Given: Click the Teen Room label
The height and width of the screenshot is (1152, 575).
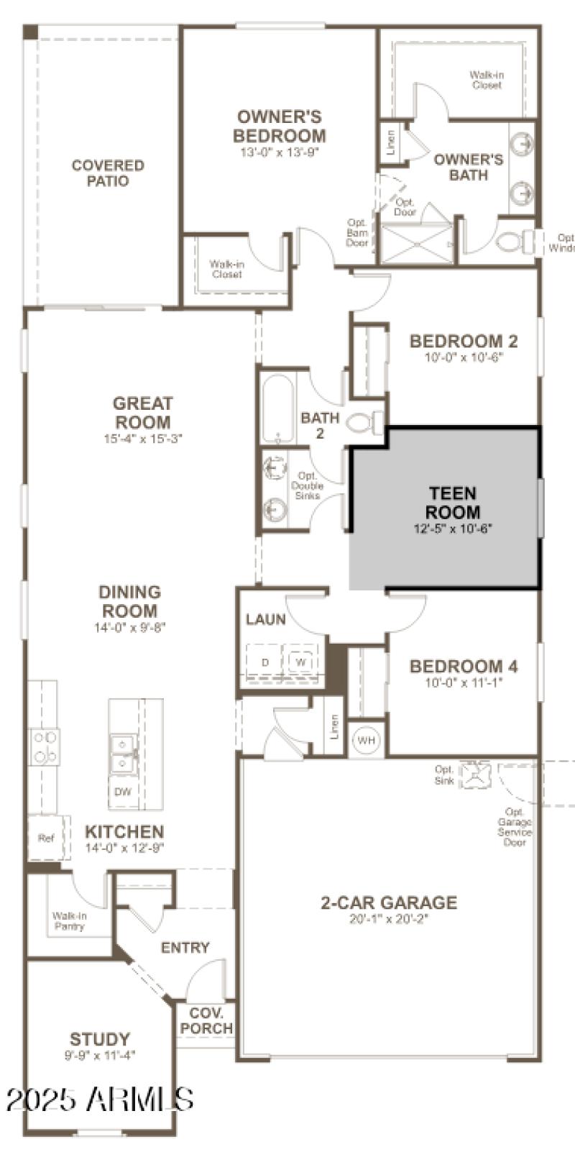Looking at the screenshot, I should [x=452, y=503].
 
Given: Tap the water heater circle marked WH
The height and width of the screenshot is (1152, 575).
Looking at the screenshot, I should [x=367, y=740].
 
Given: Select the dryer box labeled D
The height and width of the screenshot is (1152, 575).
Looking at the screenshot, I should [x=264, y=662].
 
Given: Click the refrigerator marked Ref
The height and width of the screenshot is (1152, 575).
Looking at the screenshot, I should [x=46, y=838].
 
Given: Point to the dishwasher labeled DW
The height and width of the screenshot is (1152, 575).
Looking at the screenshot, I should [x=122, y=792].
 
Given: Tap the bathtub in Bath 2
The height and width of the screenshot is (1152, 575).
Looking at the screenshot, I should [x=277, y=408].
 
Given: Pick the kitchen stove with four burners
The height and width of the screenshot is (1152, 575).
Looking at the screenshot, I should [x=44, y=746].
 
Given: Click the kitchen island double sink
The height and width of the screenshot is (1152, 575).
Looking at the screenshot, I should [x=123, y=753].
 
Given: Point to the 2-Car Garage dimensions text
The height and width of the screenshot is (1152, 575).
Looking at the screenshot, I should [x=388, y=918].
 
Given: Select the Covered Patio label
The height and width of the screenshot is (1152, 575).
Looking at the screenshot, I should [x=108, y=173].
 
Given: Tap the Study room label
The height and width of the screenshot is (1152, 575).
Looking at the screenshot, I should [x=100, y=1039].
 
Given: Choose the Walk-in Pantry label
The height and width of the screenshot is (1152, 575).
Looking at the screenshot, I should [x=70, y=921].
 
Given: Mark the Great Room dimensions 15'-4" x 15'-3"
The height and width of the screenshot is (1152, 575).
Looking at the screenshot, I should [x=143, y=438].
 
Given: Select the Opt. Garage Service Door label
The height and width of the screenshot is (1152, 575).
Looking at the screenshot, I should [x=515, y=826].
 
